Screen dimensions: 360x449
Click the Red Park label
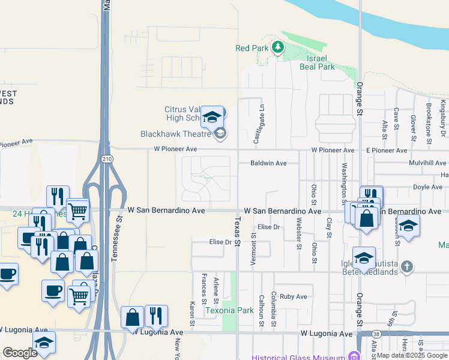pos(251,48)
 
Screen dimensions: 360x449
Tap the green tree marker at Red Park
pos(277,47)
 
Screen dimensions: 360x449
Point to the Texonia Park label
pos(229,311)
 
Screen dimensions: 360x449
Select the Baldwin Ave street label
pos(269,163)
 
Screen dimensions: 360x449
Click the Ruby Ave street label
pos(293,296)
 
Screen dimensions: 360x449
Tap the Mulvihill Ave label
pos(427,163)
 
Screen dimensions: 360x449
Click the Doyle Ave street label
pos(428,187)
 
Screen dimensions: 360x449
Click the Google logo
pos(20,353)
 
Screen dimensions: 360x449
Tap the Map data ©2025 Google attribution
pos(412,355)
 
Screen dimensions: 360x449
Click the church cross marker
pos(408,266)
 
